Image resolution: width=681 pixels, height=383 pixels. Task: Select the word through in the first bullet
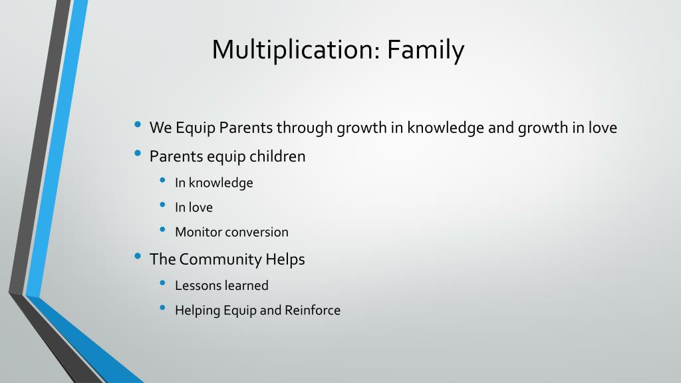click(305, 128)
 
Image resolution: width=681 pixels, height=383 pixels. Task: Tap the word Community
click(220, 259)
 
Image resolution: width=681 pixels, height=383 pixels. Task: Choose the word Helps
click(285, 259)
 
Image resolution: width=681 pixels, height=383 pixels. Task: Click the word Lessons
click(198, 285)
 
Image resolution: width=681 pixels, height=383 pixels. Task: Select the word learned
click(246, 285)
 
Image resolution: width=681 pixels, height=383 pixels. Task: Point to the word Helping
click(198, 311)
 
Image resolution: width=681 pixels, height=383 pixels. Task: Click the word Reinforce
click(313, 310)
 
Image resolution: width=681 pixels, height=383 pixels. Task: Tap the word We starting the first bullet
click(161, 128)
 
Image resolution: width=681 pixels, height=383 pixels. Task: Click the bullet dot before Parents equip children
click(138, 153)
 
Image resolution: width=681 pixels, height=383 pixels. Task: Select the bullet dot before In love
click(163, 205)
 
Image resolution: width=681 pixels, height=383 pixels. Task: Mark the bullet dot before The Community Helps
click(138, 256)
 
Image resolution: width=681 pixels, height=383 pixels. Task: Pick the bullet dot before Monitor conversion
click(163, 229)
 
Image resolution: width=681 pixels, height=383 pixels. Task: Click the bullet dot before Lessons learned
click(163, 283)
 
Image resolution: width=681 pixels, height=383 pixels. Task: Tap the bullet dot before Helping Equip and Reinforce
click(163, 308)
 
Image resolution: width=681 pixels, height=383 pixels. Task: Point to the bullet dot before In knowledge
click(163, 180)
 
